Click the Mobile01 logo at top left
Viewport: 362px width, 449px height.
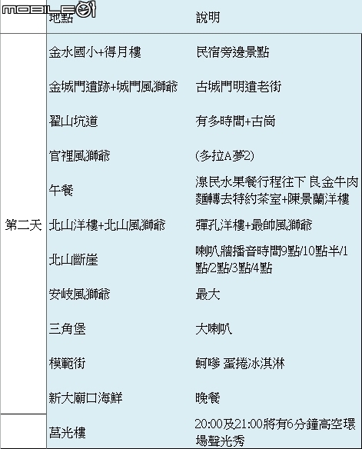(x=48, y=10)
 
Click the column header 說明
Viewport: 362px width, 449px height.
(x=208, y=18)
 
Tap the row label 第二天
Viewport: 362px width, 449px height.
(x=24, y=225)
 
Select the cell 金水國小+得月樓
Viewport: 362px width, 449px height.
(x=95, y=52)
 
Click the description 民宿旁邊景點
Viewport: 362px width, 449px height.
(x=232, y=52)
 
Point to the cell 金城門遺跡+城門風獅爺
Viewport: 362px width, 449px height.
(x=113, y=87)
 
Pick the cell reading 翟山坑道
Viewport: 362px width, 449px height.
(x=73, y=121)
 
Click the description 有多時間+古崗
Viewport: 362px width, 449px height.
(x=235, y=121)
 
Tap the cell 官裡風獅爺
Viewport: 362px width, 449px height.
(x=79, y=156)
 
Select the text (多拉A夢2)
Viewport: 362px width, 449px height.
(x=225, y=156)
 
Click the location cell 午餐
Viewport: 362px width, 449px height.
(x=61, y=191)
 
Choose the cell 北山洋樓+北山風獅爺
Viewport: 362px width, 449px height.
(x=107, y=225)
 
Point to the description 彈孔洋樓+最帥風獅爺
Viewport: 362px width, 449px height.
(x=254, y=225)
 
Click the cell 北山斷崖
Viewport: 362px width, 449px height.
(x=73, y=260)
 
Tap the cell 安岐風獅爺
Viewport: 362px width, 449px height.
(x=79, y=294)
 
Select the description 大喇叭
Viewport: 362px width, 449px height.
(x=214, y=329)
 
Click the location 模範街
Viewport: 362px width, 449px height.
(x=67, y=364)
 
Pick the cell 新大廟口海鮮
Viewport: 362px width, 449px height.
(x=85, y=398)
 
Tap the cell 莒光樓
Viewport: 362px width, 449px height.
(x=67, y=432)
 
